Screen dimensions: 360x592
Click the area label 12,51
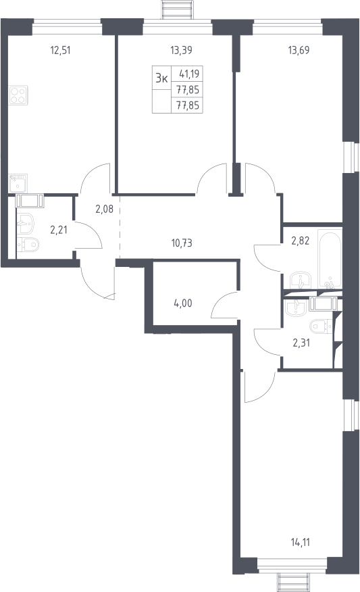60,50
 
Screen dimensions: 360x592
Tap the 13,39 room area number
181,50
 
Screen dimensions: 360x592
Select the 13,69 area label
299,50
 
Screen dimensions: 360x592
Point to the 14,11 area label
301,543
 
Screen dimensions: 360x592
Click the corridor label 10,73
182,243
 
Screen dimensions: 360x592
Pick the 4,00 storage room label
183,303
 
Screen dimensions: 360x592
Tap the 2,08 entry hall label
105,209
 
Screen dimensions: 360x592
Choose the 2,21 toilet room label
59,230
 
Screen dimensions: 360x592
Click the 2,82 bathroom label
301,241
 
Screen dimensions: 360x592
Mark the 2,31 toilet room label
301,343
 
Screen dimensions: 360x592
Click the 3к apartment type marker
162,78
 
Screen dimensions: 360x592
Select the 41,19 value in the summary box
189,74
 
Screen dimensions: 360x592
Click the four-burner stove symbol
18,95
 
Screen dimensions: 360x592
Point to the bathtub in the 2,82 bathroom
330,259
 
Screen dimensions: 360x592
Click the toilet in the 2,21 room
28,245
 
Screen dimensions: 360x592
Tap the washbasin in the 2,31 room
297,307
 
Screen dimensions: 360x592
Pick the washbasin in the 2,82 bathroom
301,280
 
